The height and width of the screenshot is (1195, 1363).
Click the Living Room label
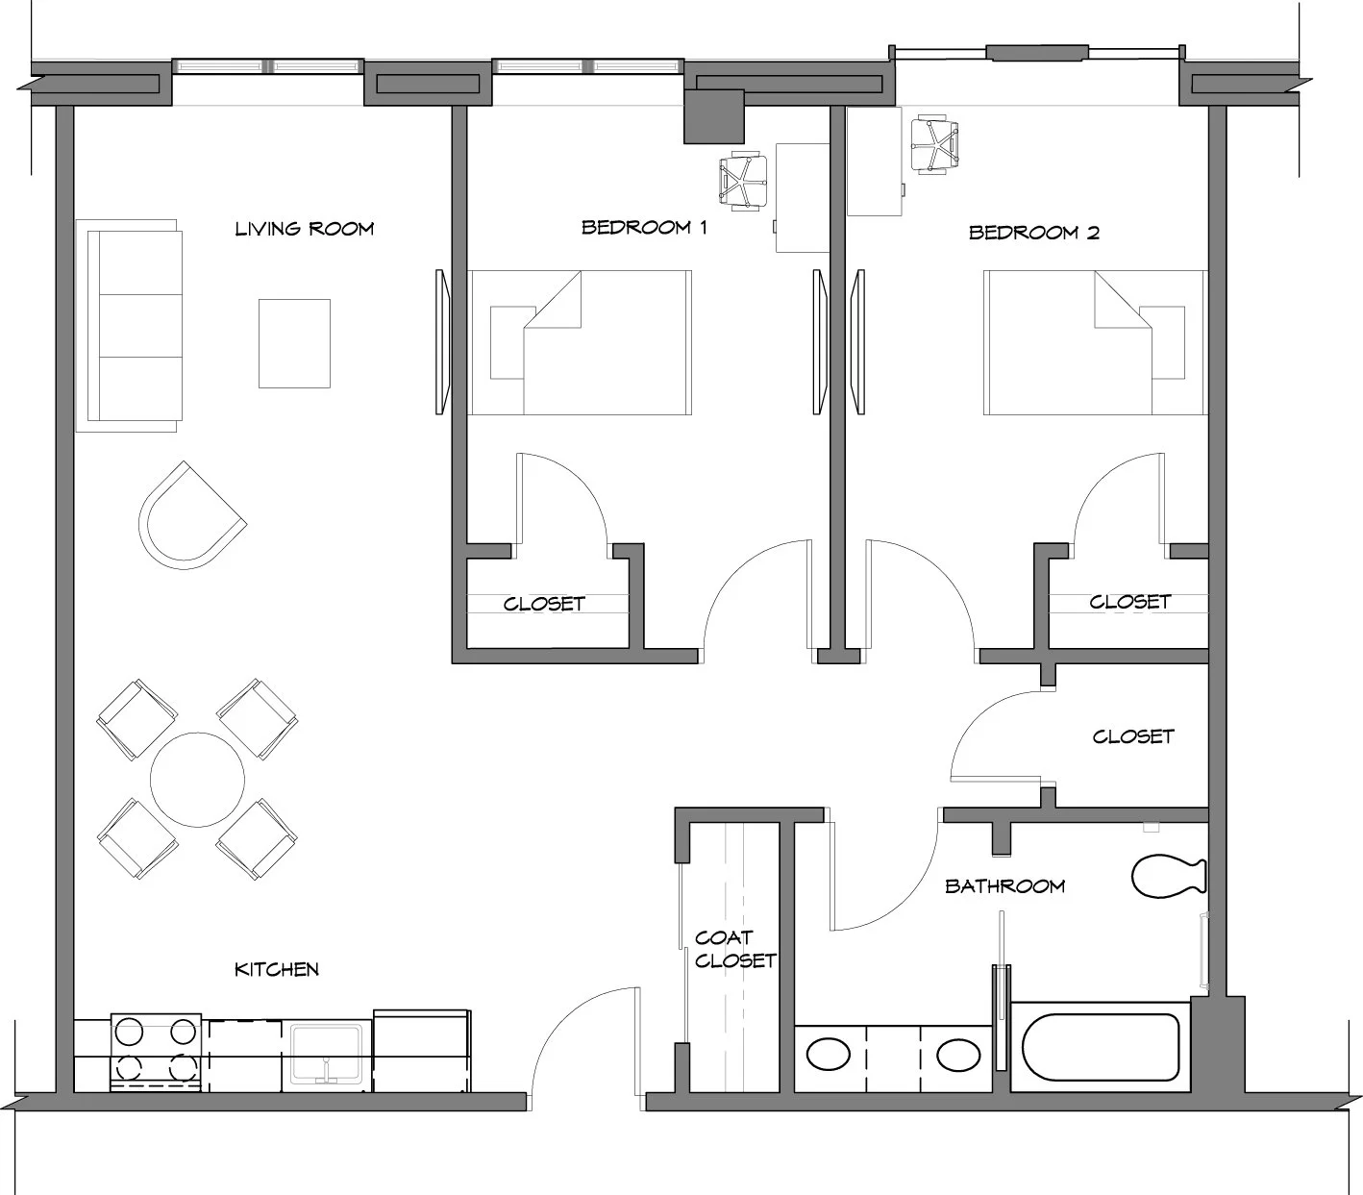tap(304, 229)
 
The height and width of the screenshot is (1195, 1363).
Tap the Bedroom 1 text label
tap(644, 228)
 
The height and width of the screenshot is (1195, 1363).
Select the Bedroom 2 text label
tap(1034, 233)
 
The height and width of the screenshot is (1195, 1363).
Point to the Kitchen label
tap(277, 970)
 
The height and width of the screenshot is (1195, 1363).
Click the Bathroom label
tap(1005, 886)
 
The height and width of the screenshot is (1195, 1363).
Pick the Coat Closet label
tap(735, 950)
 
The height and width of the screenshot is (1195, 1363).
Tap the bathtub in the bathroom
tap(1101, 1048)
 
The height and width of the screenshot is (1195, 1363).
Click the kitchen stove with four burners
tap(156, 1053)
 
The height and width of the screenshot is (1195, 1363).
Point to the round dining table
tap(197, 780)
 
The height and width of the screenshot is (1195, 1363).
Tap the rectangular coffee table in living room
tap(295, 344)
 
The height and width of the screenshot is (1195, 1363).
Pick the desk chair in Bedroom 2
tap(933, 144)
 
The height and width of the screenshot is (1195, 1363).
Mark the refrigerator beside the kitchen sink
tap(422, 1051)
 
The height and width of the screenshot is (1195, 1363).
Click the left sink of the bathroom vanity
tap(829, 1055)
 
